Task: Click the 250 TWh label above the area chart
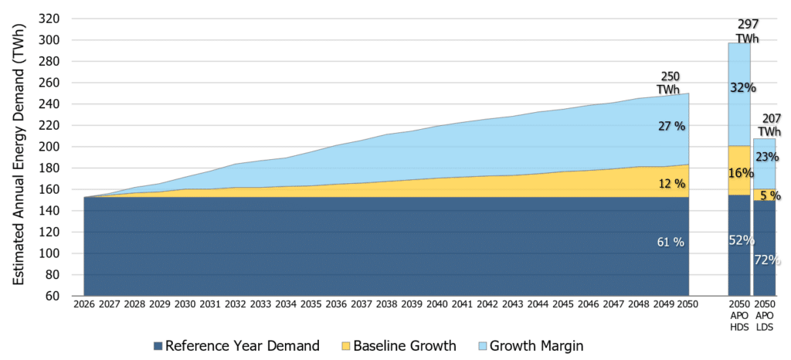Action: [x=670, y=82]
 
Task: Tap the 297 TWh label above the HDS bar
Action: [x=747, y=31]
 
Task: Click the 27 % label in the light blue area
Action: [x=670, y=127]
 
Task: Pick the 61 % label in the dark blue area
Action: [x=670, y=242]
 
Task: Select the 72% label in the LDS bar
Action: [x=767, y=260]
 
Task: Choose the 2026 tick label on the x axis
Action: [x=83, y=304]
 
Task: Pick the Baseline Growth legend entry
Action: [x=398, y=346]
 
